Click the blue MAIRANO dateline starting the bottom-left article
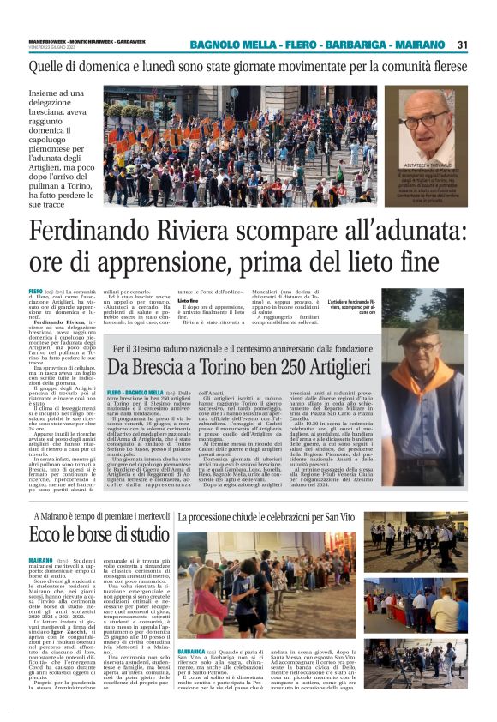click(x=40, y=559)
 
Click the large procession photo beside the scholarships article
click(x=266, y=587)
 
